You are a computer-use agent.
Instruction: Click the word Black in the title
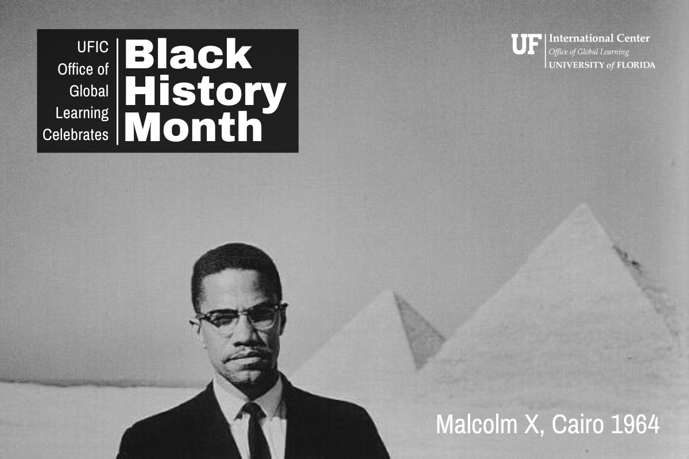point(188,54)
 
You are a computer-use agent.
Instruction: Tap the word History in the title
point(205,92)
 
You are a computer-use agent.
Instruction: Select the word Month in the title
point(193,127)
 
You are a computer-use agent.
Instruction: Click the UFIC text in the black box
point(92,47)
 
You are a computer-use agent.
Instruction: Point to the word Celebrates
point(76,135)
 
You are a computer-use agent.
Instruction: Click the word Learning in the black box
point(82,113)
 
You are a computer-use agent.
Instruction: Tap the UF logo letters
point(527,44)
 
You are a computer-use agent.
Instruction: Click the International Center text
point(599,38)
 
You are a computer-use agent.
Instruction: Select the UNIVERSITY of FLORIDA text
point(602,65)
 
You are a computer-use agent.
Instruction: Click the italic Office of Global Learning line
point(589,52)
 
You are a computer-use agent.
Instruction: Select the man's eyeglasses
point(239,316)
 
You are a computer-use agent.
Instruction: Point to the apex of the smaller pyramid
point(394,291)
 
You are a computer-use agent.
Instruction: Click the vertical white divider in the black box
point(117,92)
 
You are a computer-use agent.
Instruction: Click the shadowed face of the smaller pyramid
point(418,331)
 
